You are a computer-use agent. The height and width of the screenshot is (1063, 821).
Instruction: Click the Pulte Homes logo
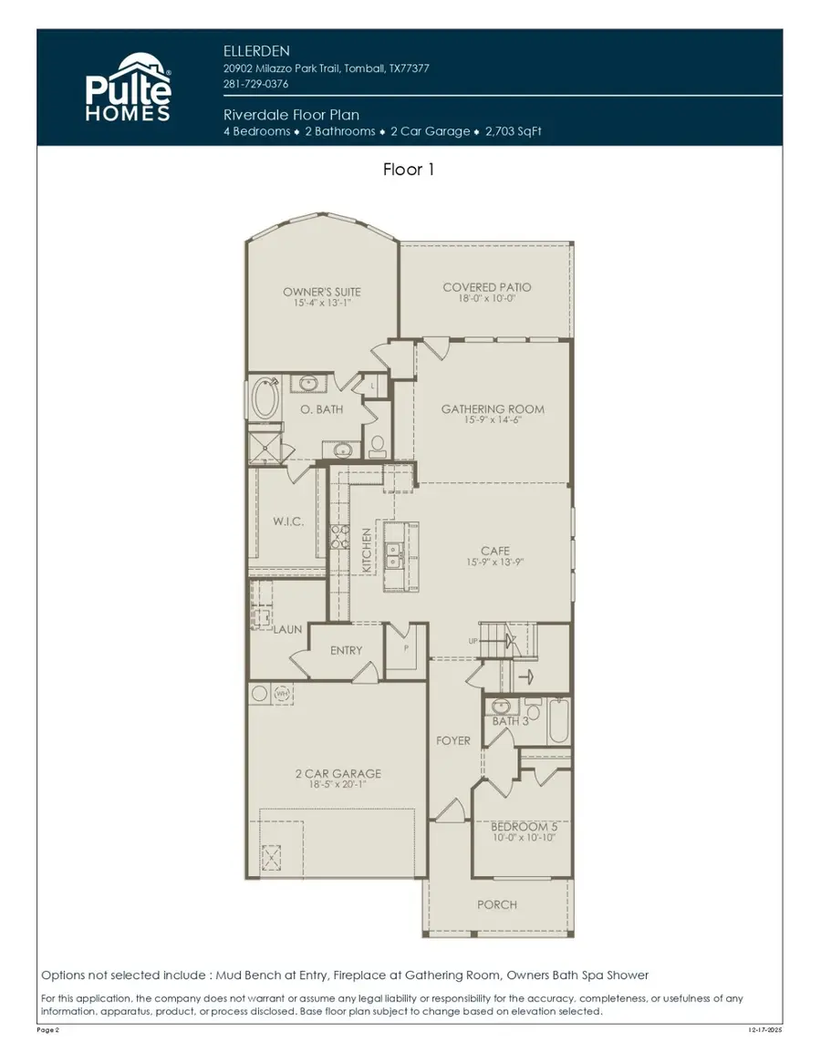pyautogui.click(x=129, y=88)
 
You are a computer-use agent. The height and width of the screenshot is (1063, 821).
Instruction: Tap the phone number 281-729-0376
pyautogui.click(x=256, y=84)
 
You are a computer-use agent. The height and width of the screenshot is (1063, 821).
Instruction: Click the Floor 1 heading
pyautogui.click(x=409, y=170)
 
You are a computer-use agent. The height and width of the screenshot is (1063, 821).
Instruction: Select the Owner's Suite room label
pyautogui.click(x=321, y=292)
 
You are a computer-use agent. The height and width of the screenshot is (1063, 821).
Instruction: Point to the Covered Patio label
pyautogui.click(x=486, y=287)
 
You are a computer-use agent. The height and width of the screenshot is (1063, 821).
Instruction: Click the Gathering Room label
pyautogui.click(x=493, y=409)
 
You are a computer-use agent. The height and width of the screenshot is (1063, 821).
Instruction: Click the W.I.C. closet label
pyautogui.click(x=289, y=522)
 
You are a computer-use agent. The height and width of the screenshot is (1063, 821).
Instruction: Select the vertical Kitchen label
pyautogui.click(x=367, y=550)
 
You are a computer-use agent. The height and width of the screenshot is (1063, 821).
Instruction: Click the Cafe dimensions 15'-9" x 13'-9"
pyautogui.click(x=495, y=562)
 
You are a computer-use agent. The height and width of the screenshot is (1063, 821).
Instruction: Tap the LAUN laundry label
pyautogui.click(x=288, y=629)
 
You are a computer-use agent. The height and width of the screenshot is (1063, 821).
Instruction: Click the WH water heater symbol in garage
pyautogui.click(x=283, y=694)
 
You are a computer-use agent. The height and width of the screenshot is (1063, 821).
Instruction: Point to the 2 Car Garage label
pyautogui.click(x=338, y=773)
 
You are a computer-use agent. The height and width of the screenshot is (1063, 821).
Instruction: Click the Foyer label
pyautogui.click(x=452, y=740)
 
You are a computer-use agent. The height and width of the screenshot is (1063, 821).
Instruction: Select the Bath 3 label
pyautogui.click(x=510, y=721)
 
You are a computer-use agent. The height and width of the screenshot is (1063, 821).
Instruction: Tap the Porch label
pyautogui.click(x=497, y=904)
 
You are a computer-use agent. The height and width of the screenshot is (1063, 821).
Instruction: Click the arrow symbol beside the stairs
pyautogui.click(x=524, y=676)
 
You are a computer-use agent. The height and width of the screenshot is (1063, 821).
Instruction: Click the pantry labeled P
pyautogui.click(x=406, y=647)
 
